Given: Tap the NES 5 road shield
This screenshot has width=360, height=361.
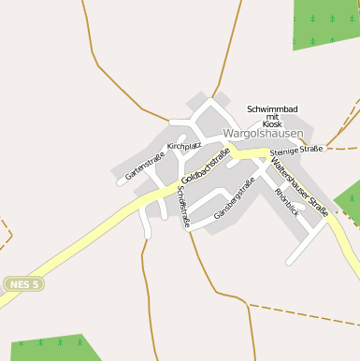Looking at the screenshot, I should (x=23, y=283).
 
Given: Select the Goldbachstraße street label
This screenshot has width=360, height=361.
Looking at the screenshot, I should (x=206, y=166).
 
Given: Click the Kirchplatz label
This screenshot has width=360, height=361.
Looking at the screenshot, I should (x=184, y=147).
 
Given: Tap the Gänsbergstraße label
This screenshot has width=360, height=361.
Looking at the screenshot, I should (x=234, y=199).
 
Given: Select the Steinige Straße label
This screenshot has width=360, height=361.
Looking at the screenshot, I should (x=296, y=149).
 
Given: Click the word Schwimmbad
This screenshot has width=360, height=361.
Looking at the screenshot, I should (x=272, y=109).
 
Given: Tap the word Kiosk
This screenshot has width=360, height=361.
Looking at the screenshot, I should (x=272, y=123).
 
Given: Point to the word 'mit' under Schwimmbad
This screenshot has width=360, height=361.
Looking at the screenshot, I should (x=272, y=117).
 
